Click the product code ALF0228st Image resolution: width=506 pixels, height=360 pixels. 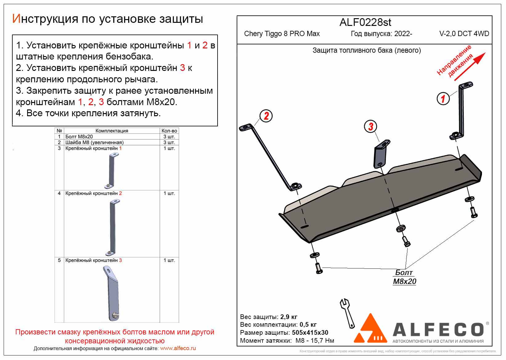tap(365, 22)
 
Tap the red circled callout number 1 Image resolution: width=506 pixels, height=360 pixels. tap(443, 99)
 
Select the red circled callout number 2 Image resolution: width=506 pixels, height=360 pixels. tap(266, 116)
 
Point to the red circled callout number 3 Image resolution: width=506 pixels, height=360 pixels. tap(371, 126)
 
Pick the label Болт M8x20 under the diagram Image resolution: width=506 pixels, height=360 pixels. tap(404, 277)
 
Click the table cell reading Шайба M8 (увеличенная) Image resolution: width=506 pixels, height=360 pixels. tap(94, 142)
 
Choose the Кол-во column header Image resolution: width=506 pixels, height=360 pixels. tap(169, 131)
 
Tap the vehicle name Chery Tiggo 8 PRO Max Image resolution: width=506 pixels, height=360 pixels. tap(282, 34)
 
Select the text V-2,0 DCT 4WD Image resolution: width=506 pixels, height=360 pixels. tap(464, 34)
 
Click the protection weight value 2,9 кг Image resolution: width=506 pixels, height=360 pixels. tap(289, 317)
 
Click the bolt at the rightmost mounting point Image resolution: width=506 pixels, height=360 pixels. tap(474, 212)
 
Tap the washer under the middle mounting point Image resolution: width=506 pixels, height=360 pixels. tap(401, 228)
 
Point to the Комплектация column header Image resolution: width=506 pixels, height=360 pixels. tap(112, 131)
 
